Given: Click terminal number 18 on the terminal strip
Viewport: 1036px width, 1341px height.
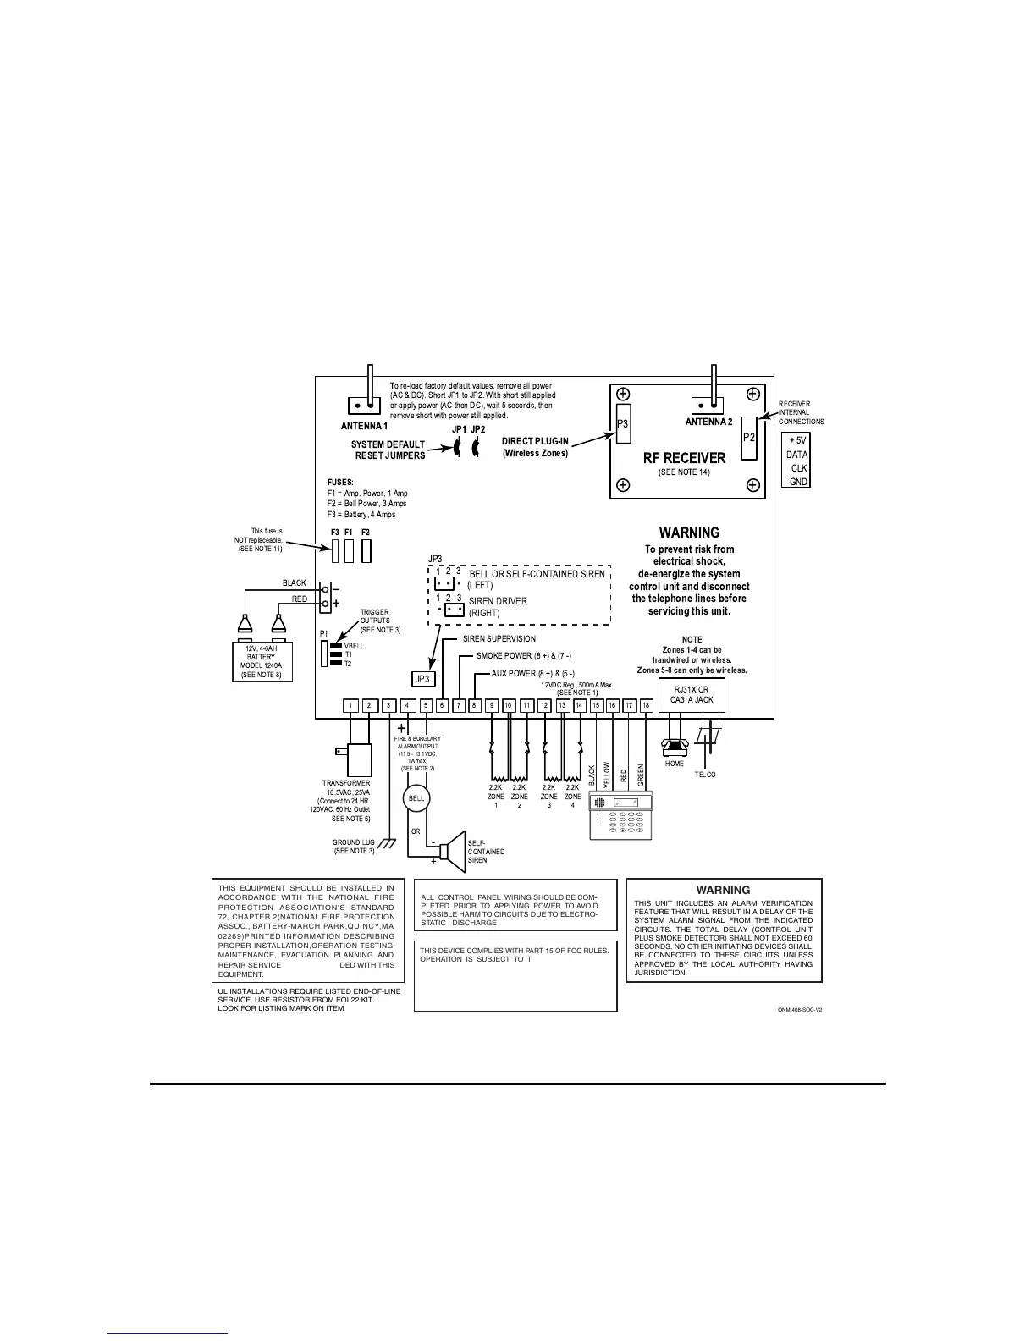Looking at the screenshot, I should coord(647,706).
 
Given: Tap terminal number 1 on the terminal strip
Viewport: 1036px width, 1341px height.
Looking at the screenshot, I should coord(351,706).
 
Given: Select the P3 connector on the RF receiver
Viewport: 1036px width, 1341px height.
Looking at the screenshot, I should coord(622,423).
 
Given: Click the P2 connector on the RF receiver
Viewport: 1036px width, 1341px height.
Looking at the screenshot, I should coord(748,437).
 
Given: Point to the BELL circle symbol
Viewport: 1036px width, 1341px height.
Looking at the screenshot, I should coord(416,797).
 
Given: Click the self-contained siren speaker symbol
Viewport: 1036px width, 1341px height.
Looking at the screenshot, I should coord(454,851).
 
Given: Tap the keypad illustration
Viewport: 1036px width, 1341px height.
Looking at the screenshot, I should coord(622,815).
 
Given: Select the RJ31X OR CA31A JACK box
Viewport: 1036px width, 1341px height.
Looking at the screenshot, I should coord(692,696).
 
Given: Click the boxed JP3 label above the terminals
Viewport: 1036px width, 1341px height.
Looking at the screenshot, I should coord(423,678).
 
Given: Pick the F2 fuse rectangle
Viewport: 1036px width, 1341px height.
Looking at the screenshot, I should coord(366,551).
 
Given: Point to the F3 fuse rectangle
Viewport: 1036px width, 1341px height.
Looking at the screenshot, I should coord(336,551).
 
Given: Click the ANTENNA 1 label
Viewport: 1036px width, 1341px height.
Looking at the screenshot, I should coord(359,426).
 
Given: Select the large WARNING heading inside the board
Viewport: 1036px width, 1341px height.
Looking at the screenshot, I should coord(689,533).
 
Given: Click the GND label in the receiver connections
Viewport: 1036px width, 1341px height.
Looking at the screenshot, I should coord(798,482).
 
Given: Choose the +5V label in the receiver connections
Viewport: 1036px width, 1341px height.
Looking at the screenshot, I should coord(797,440).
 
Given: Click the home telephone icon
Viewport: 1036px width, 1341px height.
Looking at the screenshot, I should coord(674,746).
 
